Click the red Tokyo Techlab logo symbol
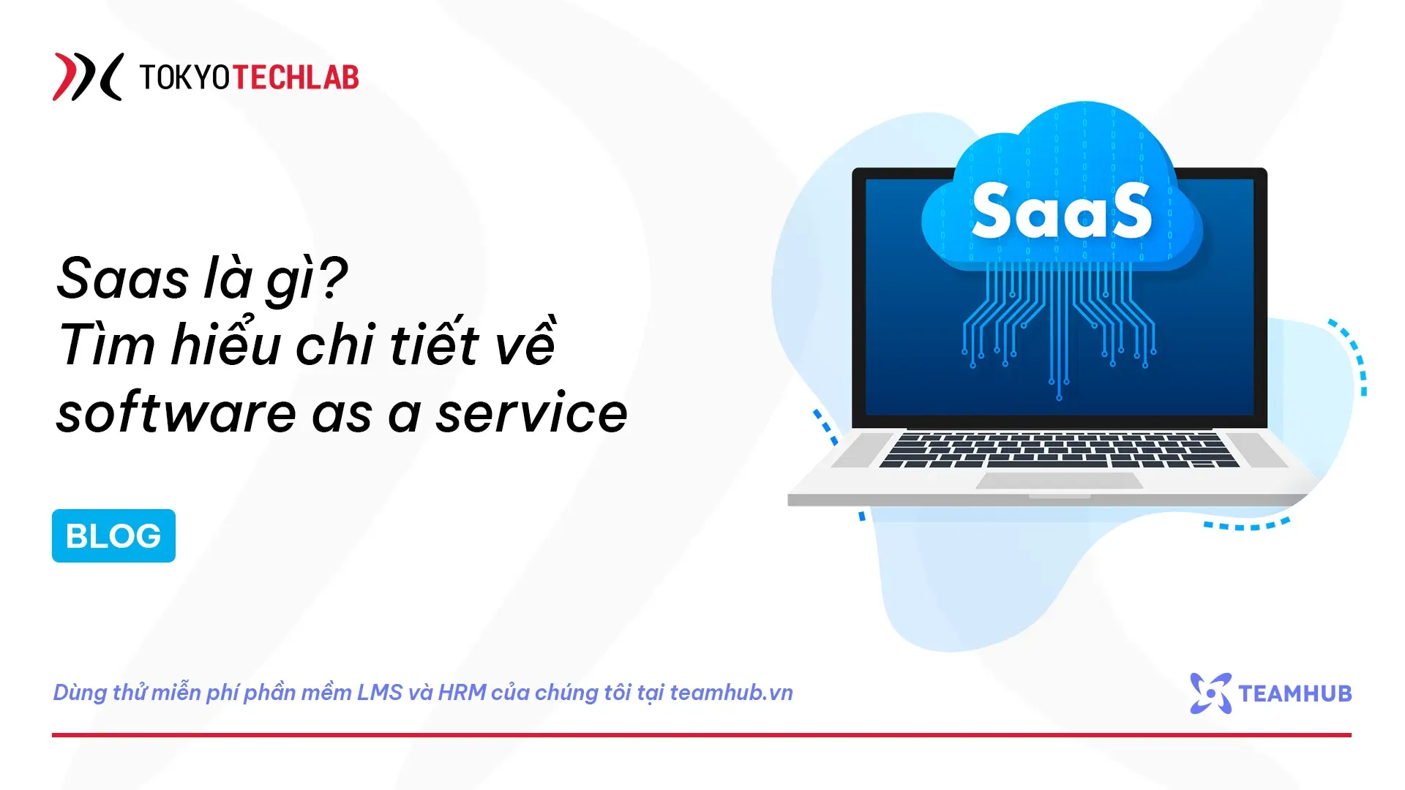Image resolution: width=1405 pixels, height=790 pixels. pos(86,77)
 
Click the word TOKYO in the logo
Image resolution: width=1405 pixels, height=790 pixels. pos(184,78)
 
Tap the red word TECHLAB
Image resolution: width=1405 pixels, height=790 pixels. pos(296,78)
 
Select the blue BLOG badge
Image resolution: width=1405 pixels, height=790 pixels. pos(113,535)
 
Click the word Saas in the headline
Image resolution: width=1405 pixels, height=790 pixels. pos(122,279)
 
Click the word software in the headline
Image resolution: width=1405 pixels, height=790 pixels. pos(176,413)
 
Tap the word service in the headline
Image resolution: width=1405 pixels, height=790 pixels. pos(532,413)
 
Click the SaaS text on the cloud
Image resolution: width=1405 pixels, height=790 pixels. pos(1060,211)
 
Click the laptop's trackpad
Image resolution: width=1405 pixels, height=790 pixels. pos(1060,481)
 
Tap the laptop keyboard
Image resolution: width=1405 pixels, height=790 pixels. pos(1059,450)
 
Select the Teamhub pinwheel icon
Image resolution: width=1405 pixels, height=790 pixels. pos(1210,693)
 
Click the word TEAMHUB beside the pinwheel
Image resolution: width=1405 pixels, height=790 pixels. pos(1295,693)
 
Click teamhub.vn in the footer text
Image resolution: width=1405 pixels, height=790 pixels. pos(731,692)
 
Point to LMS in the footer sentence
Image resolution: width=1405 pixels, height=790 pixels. pos(379,692)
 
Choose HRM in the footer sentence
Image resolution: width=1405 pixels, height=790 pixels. pos(462,692)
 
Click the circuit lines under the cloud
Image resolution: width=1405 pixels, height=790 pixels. pos(1058,315)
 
